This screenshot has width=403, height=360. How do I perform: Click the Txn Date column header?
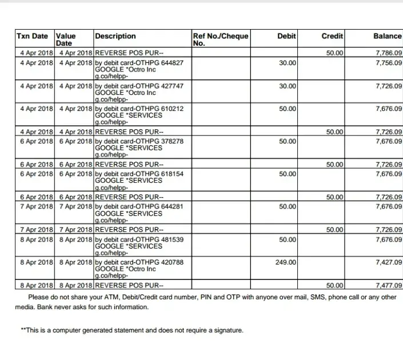pos(33,36)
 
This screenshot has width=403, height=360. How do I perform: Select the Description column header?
pos(115,36)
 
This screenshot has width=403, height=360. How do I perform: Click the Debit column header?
pos(286,36)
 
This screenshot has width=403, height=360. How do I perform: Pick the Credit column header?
pos(332,36)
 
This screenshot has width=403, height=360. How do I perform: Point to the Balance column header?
pos(388,36)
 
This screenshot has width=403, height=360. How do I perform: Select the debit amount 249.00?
pos(286,263)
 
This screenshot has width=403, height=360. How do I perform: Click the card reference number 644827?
pos(173,63)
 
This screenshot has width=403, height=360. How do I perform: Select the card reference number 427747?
pos(173,86)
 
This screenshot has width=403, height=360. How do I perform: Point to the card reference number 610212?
pos(173,109)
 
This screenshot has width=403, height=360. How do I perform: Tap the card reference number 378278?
pos(173,141)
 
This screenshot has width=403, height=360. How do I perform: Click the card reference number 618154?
pos(173,174)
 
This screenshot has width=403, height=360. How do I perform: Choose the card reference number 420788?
pos(173,263)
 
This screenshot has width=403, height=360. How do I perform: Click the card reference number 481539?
pos(173,240)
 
